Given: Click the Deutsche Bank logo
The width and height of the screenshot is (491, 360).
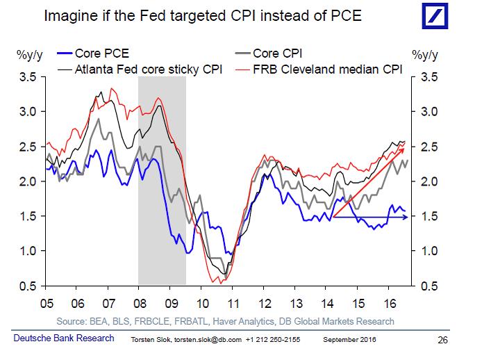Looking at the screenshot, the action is pos(435,16).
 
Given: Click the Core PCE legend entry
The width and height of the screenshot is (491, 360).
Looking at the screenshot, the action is pos(93,54).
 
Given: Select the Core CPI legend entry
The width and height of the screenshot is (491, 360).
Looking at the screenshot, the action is pos(269,54).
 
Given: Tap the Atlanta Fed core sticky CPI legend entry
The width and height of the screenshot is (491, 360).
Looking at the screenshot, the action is pos(140,69).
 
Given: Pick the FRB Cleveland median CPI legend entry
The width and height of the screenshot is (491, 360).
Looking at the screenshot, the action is pos(319,69).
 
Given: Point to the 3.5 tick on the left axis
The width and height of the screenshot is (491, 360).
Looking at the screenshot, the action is pos(28,76).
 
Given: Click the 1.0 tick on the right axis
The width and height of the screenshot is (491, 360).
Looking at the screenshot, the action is pos(429,251).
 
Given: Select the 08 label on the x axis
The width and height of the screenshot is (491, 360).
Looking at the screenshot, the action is pos(140,303).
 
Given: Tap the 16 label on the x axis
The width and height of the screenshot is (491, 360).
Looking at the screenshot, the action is pos(390,303).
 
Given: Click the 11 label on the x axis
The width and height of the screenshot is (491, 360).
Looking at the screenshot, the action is pos(233,303).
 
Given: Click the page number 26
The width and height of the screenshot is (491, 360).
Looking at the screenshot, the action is pos(443,340).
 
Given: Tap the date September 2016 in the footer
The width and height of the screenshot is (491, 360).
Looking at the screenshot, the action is pos(349,340).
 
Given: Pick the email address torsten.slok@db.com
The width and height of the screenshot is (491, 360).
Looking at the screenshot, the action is pos(208,340).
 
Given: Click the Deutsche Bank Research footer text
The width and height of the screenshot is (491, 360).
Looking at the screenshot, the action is pos(64,338).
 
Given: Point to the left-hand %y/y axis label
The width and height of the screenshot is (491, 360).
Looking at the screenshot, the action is pos(29,55).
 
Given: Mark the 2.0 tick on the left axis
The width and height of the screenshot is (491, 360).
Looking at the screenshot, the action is pos(28,181).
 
